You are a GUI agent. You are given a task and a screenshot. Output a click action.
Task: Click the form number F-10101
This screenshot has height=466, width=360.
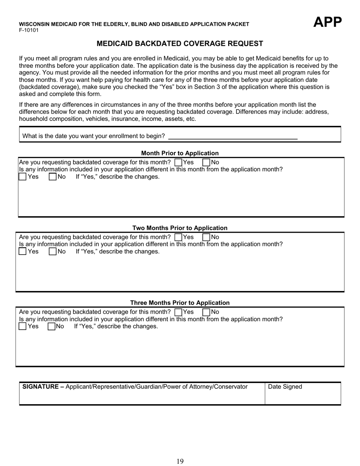[29, 30]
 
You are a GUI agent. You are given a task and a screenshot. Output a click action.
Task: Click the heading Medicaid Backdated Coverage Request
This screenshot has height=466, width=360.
[180, 44]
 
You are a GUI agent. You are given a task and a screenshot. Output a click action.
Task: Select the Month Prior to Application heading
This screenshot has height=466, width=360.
[180, 153]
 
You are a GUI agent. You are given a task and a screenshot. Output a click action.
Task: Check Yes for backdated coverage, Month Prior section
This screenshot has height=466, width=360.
[178, 163]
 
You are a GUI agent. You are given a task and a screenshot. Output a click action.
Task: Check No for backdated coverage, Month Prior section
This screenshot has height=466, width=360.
[207, 163]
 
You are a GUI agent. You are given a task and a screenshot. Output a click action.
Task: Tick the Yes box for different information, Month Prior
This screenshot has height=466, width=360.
[23, 177]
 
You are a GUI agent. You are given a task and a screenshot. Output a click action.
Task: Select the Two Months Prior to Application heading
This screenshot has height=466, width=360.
[180, 228]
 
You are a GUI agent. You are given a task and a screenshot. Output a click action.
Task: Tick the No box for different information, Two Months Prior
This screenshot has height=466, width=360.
[53, 251]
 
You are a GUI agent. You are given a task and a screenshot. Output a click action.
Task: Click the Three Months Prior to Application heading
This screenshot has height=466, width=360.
[180, 303]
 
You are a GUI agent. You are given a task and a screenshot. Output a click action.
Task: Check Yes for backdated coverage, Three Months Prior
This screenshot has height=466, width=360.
[178, 312]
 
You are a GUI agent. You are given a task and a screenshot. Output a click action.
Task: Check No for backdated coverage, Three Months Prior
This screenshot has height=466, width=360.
[207, 312]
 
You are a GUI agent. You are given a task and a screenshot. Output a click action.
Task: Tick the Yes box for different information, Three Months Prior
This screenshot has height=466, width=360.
[23, 326]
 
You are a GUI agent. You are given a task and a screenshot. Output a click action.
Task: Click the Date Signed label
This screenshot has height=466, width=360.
[285, 387]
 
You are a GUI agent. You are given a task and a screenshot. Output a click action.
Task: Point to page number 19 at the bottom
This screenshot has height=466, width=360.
[180, 461]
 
